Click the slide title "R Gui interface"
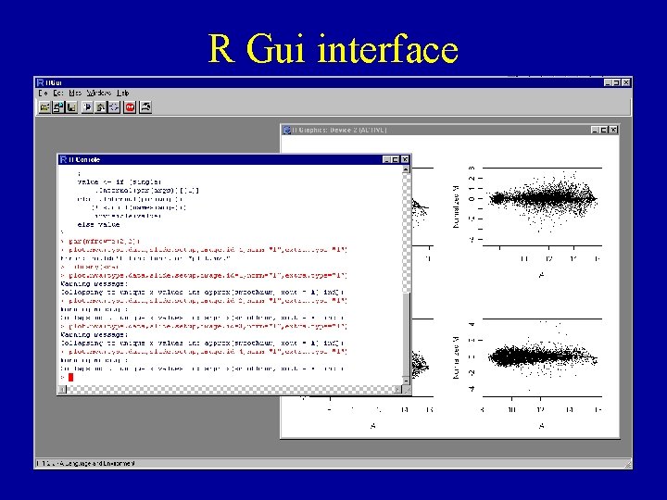click(x=333, y=48)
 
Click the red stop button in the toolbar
click(x=130, y=106)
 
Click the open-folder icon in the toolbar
click(x=44, y=106)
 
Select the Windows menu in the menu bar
click(x=98, y=94)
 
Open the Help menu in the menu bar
click(x=123, y=94)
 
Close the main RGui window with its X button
click(x=626, y=82)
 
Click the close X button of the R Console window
click(x=405, y=159)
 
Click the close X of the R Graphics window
click(x=613, y=131)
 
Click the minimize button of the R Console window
click(x=384, y=159)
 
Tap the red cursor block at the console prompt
click(x=69, y=377)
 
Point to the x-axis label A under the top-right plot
click(x=541, y=275)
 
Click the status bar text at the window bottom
click(x=86, y=462)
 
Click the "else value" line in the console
click(x=98, y=224)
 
